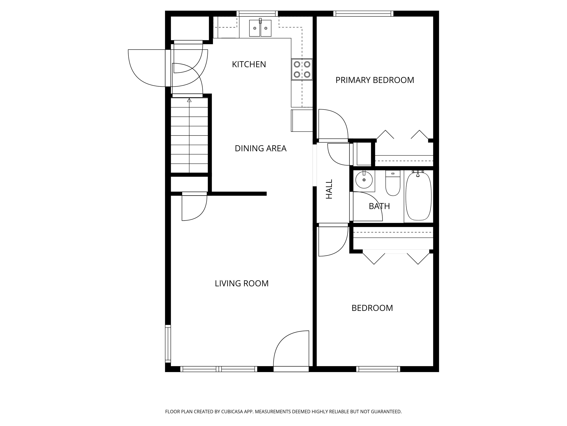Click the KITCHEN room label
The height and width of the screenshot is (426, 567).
pyautogui.click(x=249, y=64)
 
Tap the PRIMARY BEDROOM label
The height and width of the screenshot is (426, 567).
pyautogui.click(x=375, y=80)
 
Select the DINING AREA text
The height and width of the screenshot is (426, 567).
pyautogui.click(x=260, y=148)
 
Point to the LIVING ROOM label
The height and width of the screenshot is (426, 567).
pyautogui.click(x=242, y=283)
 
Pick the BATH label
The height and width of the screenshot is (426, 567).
pyautogui.click(x=379, y=206)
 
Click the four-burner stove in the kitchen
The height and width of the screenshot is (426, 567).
pyautogui.click(x=302, y=69)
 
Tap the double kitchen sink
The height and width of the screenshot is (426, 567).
pyautogui.click(x=260, y=28)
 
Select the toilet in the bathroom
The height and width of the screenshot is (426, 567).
pyautogui.click(x=393, y=183)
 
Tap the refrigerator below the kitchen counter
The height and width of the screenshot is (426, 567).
pyautogui.click(x=302, y=121)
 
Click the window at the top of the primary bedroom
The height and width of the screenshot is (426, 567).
pyautogui.click(x=363, y=14)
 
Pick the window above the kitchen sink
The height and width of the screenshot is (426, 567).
pyautogui.click(x=257, y=14)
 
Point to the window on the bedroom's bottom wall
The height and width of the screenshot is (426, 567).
pyautogui.click(x=378, y=369)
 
